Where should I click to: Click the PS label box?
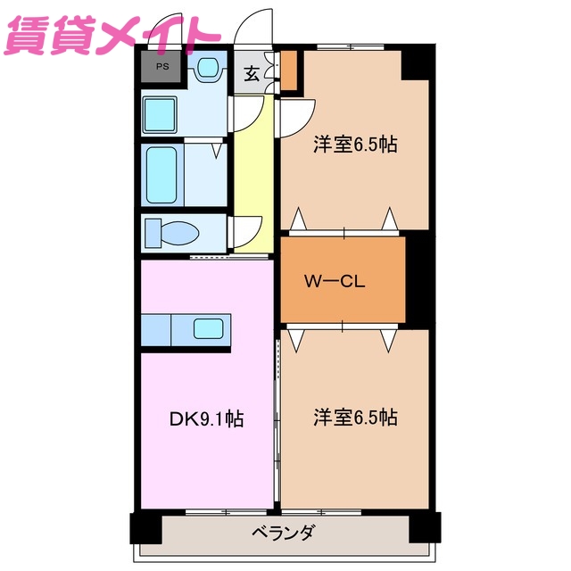[161, 67]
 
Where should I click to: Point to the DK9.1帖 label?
[206, 418]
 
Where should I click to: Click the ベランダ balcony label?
[283, 534]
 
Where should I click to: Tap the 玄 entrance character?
[252, 74]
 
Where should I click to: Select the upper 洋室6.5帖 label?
[354, 145]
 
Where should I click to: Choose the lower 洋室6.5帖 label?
[354, 417]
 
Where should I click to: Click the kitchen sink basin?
[211, 329]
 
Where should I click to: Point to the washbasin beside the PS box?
[209, 67]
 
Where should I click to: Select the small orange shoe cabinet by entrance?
[288, 71]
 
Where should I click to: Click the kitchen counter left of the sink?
[155, 329]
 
